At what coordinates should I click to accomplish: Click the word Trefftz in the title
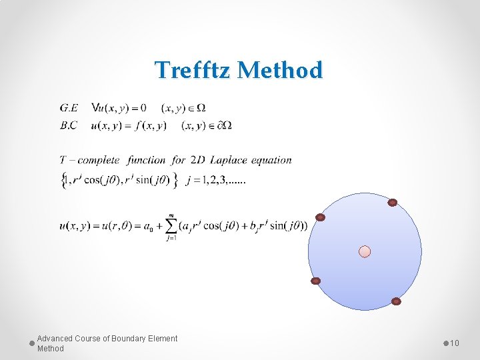click(x=193, y=70)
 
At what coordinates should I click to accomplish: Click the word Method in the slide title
click(x=280, y=70)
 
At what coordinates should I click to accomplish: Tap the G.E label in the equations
click(x=69, y=107)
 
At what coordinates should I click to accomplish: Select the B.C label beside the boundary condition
click(x=69, y=125)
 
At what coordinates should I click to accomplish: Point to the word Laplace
click(x=230, y=160)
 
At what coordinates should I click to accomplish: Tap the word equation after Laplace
click(x=272, y=160)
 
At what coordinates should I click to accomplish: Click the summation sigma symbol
click(x=171, y=226)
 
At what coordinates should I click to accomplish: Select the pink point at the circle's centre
click(x=365, y=251)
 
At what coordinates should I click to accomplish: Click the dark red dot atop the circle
click(x=393, y=203)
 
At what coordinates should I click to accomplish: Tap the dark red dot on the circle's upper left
click(x=321, y=217)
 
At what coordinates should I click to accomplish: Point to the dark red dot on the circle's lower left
click(x=316, y=281)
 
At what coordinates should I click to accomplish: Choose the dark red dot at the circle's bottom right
click(x=396, y=301)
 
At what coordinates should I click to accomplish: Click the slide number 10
click(x=455, y=343)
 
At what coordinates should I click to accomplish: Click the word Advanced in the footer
click(x=54, y=339)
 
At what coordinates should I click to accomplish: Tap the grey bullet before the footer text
click(x=32, y=343)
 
